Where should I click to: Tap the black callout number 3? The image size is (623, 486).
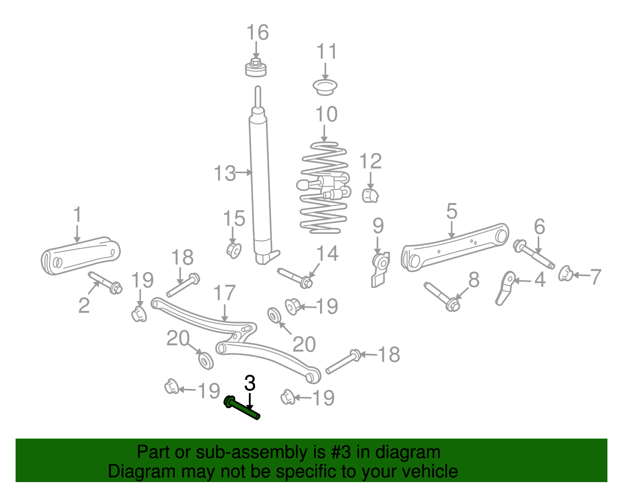coord(250,383)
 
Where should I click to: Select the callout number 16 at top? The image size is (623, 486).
coord(257,33)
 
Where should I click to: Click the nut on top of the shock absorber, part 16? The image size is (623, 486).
coord(256,68)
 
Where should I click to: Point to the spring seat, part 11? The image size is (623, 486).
coord(325,86)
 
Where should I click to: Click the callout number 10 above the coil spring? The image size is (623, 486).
coord(326,114)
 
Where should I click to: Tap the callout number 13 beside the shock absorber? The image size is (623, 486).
coord(225,173)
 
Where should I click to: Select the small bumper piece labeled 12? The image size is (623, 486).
coord(370,195)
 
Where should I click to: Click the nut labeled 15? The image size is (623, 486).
coord(234,250)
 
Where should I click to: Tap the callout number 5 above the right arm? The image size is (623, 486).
coord(451,211)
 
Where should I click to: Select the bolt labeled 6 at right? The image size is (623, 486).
coord(534,255)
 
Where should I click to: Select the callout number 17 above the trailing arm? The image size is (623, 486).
coord(225,293)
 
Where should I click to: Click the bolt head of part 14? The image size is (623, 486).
coord(306,282)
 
